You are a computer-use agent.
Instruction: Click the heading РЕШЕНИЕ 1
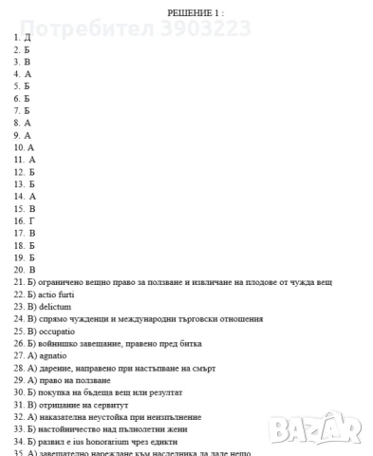coord(196,12)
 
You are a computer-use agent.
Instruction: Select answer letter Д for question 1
coord(28,36)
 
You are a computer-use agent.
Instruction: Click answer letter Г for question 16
coord(30,220)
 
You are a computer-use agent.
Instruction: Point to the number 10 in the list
coord(18,147)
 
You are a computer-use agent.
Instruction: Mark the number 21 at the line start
coord(18,282)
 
